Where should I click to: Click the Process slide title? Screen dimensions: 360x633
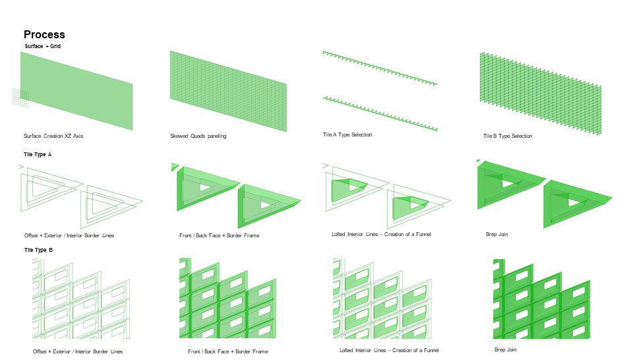tap(44, 34)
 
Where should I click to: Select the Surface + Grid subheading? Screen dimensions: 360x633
tap(42, 46)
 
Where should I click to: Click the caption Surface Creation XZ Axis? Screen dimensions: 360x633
tap(53, 136)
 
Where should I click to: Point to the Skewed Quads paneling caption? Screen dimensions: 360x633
tap(198, 136)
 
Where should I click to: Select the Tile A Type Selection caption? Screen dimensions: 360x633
tap(347, 135)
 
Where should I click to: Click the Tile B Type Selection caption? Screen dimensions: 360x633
tap(507, 136)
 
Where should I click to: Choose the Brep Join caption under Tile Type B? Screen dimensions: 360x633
tap(506, 349)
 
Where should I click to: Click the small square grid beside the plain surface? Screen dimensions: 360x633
tap(20, 98)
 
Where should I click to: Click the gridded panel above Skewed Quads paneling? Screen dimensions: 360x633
tap(228, 91)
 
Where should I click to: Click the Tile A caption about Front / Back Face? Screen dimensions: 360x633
tap(219, 235)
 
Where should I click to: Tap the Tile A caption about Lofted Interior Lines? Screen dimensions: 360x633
tap(381, 234)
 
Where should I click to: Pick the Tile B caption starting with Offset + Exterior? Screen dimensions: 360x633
tap(78, 351)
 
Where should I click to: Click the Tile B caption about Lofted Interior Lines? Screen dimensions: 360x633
tap(389, 350)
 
